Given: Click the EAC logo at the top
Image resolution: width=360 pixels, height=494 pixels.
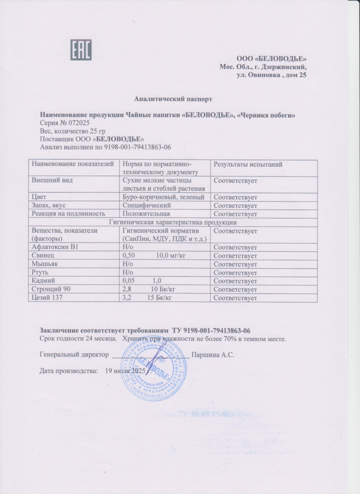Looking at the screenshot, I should [81, 50].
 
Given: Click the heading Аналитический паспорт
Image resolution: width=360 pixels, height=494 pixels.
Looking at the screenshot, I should [173, 99].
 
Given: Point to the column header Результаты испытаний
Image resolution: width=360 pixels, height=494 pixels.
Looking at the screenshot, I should [248, 164].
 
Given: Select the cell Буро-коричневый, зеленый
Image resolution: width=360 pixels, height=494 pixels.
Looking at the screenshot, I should [163, 197].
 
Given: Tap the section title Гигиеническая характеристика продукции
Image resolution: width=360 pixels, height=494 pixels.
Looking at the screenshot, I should [172, 222].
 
